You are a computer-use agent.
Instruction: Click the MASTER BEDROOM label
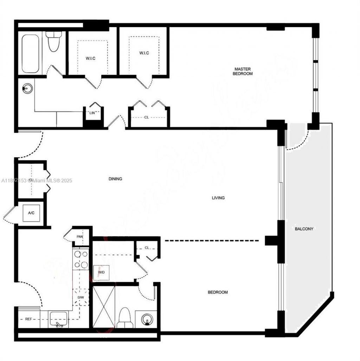[x=243, y=71]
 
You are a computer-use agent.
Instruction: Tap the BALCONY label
[x=304, y=229]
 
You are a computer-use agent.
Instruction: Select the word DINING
[x=115, y=179]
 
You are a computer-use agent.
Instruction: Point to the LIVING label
[x=218, y=198]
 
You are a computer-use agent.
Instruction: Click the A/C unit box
[x=31, y=213]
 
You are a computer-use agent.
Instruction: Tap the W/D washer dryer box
[x=101, y=273]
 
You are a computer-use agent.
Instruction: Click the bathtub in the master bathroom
[x=31, y=53]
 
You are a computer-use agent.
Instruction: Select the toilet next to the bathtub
[x=54, y=42]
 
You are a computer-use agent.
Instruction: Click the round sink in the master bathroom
[x=27, y=88]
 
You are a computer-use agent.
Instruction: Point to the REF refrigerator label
[x=29, y=319]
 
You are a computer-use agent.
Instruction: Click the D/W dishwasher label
[x=81, y=298]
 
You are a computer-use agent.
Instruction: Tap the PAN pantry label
[x=80, y=236]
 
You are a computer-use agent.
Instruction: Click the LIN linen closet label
[x=90, y=113]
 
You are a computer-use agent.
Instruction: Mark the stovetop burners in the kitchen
[x=81, y=259]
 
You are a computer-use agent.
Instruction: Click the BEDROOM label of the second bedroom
[x=218, y=292]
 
